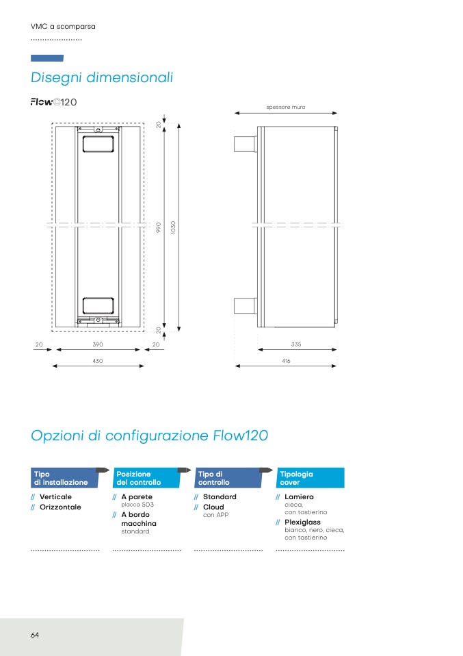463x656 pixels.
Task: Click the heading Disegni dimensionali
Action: [101, 78]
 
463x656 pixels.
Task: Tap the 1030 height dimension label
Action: [173, 227]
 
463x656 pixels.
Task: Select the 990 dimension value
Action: [159, 227]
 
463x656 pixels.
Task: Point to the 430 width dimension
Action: [97, 361]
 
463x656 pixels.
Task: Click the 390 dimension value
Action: [97, 344]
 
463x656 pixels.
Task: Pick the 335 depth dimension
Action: [296, 344]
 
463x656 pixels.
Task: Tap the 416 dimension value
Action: [286, 361]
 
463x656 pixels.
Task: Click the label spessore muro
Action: [286, 107]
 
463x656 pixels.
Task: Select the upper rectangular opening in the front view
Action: [98, 144]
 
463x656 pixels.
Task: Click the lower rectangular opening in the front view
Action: [98, 306]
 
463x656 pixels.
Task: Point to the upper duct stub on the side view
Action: [246, 144]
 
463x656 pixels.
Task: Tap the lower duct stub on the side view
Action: [246, 306]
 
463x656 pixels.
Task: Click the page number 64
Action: [35, 635]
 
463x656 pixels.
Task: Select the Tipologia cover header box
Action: [310, 478]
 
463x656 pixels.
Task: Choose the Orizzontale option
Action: [60, 507]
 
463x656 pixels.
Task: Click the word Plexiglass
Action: [302, 522]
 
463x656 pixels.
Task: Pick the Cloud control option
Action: [213, 507]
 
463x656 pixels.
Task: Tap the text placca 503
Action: [137, 505]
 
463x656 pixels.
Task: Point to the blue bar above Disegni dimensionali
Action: [47, 58]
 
